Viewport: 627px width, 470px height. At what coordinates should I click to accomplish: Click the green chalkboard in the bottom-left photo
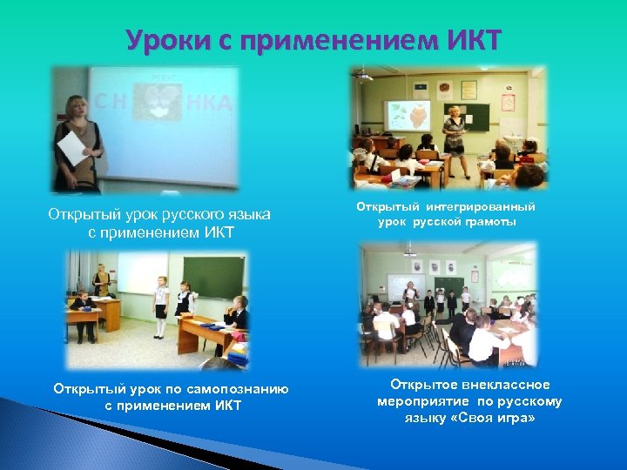coord(212,278)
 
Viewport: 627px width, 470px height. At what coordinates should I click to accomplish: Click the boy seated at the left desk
coord(81,304)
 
